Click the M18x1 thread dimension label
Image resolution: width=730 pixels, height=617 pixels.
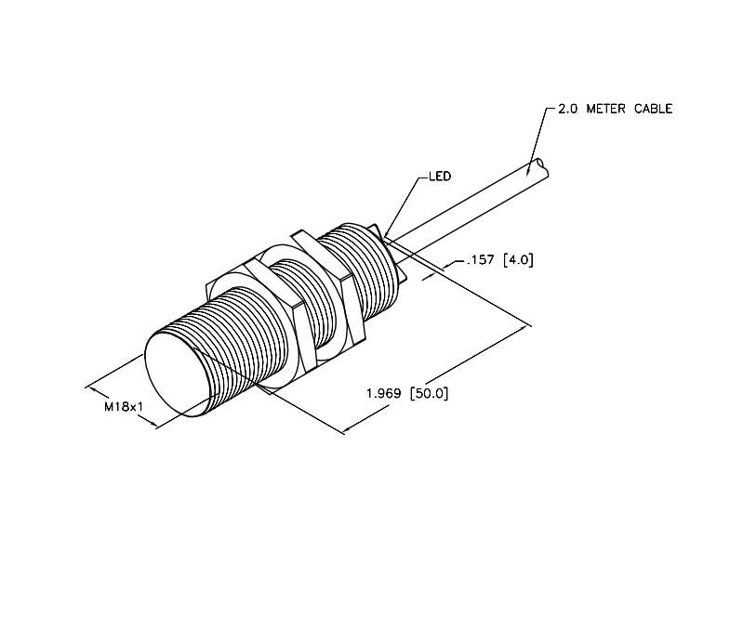[124, 407]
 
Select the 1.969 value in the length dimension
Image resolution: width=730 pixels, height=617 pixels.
[384, 394]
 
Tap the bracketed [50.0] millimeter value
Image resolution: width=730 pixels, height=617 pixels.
[430, 394]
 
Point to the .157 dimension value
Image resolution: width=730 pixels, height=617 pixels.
[480, 259]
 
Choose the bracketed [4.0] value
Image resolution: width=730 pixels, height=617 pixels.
[518, 259]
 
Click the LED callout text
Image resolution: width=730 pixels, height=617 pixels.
[440, 177]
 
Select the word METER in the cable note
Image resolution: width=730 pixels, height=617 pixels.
[605, 109]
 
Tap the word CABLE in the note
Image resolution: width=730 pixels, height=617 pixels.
[653, 109]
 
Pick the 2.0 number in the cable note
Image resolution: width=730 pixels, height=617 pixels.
[567, 109]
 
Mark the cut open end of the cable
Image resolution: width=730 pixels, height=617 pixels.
[543, 168]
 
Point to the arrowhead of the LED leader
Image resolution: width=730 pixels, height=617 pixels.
[388, 232]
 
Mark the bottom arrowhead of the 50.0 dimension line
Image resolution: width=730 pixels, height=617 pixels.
[348, 429]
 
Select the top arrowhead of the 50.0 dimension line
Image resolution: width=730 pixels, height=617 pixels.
[524, 328]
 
